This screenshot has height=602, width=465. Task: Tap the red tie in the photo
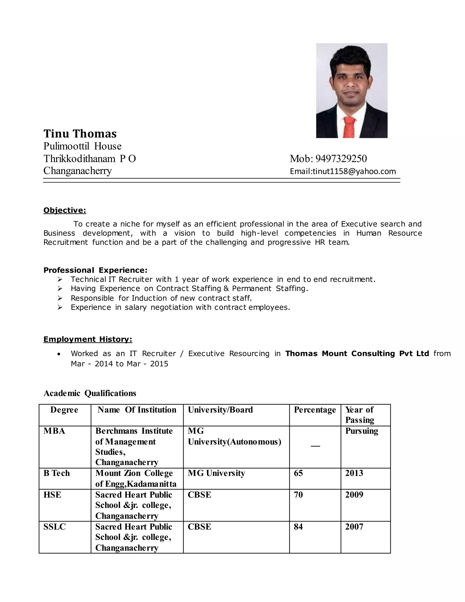(349, 127)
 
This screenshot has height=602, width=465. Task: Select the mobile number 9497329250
(341, 159)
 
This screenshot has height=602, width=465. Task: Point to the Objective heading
(65, 211)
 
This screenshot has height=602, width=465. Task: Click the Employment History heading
(88, 339)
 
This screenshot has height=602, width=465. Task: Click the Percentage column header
(315, 410)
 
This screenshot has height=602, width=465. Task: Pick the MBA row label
(54, 431)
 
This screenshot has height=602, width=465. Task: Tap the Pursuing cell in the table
(361, 431)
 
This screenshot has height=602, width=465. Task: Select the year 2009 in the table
(354, 495)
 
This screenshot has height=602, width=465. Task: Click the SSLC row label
(54, 527)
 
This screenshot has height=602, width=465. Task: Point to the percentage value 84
(298, 527)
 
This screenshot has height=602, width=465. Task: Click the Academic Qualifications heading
(90, 393)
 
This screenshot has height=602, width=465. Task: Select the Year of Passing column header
(359, 415)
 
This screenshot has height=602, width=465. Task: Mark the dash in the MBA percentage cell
(315, 446)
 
